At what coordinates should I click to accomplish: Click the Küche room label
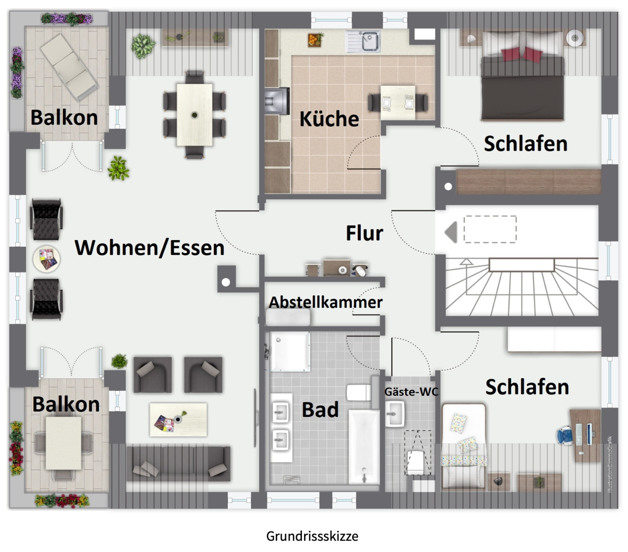tap(329, 119)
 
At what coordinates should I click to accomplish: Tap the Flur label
tap(364, 233)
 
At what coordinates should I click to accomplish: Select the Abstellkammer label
tap(326, 302)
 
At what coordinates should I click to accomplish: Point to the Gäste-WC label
tap(411, 391)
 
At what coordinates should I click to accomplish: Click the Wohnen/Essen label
tap(150, 247)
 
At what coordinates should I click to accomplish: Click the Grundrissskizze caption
tap(312, 536)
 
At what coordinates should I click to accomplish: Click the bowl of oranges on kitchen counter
tap(315, 39)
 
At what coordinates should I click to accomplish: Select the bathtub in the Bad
tap(363, 447)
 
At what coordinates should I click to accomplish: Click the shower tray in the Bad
tap(289, 351)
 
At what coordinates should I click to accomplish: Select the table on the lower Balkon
tap(64, 443)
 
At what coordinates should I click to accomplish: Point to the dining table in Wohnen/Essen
tap(195, 115)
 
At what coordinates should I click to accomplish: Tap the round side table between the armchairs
tap(47, 259)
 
